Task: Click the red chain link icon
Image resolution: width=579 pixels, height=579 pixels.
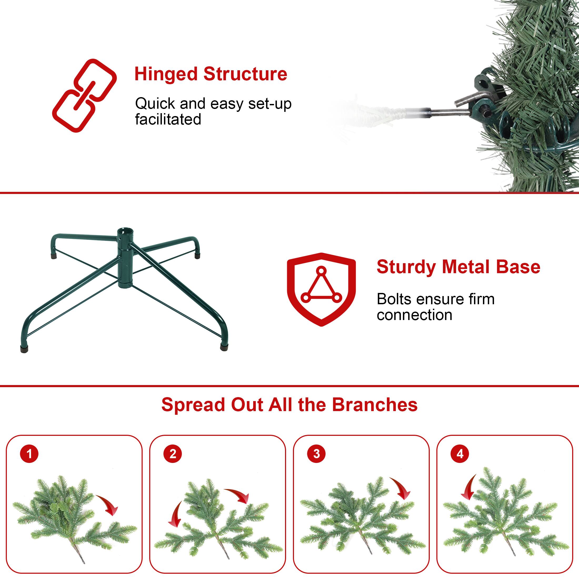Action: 84,95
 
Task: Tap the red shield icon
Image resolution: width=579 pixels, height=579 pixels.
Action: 321,289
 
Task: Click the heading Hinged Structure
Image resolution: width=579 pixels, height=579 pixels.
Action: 211,74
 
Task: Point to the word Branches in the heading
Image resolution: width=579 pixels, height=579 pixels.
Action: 375,405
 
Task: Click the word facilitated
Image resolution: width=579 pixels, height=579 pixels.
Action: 168,119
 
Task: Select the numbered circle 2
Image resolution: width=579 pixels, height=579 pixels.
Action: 173,454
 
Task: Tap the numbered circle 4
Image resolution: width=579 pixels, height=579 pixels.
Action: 460,454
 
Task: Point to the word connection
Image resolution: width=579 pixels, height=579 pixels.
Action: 415,315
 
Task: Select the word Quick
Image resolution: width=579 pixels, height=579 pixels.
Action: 155,104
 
